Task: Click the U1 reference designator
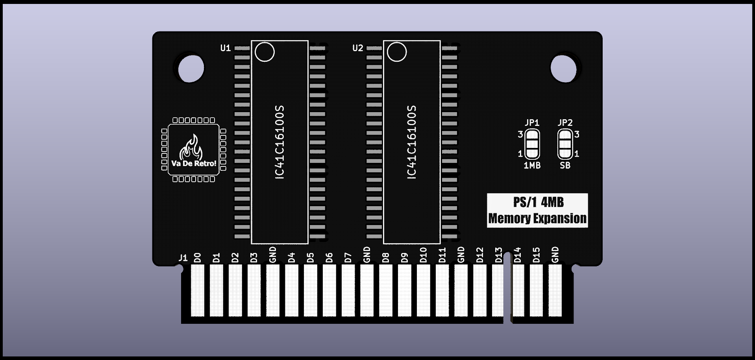225,48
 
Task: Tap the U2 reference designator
357,48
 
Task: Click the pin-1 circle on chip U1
265,52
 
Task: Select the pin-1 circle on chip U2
397,52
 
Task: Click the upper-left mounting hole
191,69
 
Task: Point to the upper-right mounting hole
563,68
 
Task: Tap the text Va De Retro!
194,163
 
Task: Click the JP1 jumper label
532,123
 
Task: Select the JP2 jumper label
565,123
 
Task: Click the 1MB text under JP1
532,166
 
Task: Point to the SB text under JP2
565,166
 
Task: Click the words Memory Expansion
537,218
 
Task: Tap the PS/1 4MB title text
538,202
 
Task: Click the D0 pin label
198,258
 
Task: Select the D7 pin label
348,258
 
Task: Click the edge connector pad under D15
536,290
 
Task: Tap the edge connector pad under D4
291,290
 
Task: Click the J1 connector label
183,258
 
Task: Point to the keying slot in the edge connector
507,291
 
